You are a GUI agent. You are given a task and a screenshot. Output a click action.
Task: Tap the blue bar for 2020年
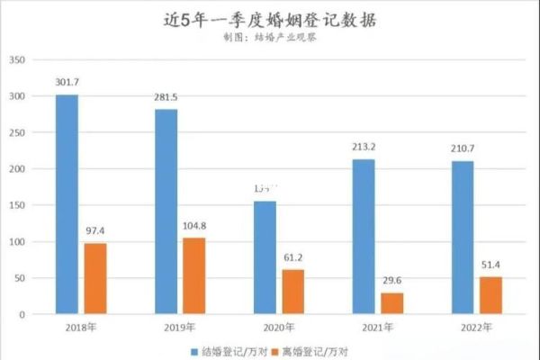pyautogui.click(x=265, y=257)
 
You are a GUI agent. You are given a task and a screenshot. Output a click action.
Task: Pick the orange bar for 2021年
pyautogui.click(x=392, y=303)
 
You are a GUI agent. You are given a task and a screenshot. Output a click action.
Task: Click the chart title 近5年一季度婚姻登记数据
pyautogui.click(x=270, y=20)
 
